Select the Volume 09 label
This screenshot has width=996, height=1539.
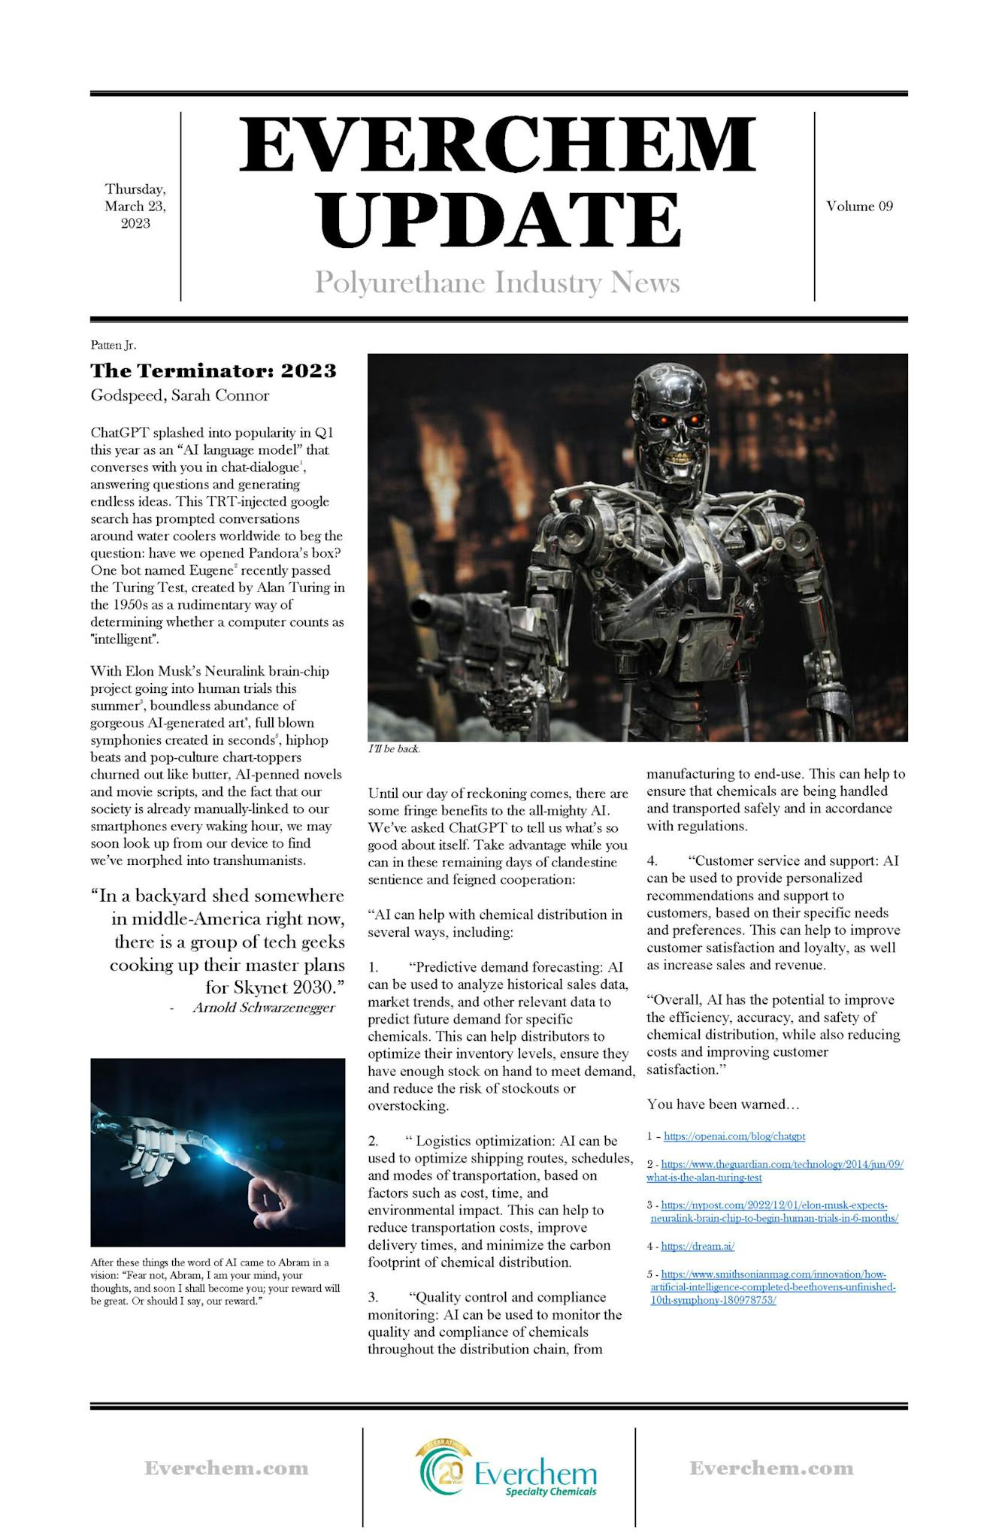point(859,206)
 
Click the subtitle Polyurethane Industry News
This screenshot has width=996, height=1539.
point(497,283)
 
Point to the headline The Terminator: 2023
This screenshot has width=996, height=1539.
point(213,370)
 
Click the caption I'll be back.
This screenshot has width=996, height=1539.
point(394,749)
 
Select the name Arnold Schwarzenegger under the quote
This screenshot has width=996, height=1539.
point(263,1008)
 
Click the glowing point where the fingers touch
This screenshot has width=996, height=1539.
point(223,1150)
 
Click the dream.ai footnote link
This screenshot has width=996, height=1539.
point(698,1246)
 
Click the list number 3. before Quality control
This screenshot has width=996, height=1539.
point(373,1297)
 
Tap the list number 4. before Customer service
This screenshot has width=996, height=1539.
point(652,860)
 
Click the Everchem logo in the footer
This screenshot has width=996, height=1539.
point(508,1468)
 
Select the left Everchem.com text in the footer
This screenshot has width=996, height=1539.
point(226,1468)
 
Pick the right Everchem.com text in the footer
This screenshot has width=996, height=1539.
point(771,1468)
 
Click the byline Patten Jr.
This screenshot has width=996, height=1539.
point(113,345)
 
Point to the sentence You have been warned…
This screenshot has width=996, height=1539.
point(722,1104)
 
